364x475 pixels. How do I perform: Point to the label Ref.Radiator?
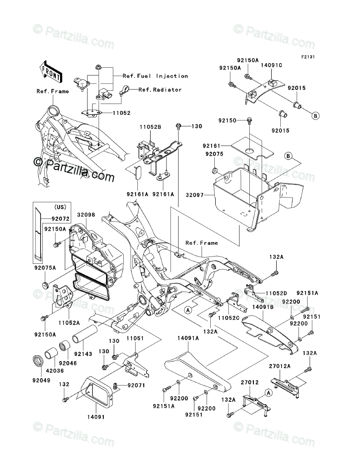click(160, 89)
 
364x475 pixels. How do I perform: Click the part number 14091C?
click(272, 65)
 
